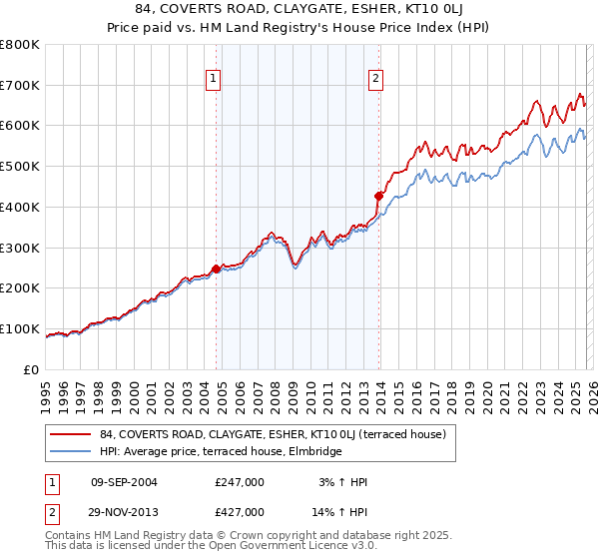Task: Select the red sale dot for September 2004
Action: (x=216, y=269)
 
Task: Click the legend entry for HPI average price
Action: (x=221, y=452)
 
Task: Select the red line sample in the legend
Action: (x=70, y=434)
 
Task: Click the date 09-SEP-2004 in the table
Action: (x=124, y=482)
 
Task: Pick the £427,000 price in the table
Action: (x=240, y=511)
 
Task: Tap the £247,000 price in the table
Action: (x=240, y=482)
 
